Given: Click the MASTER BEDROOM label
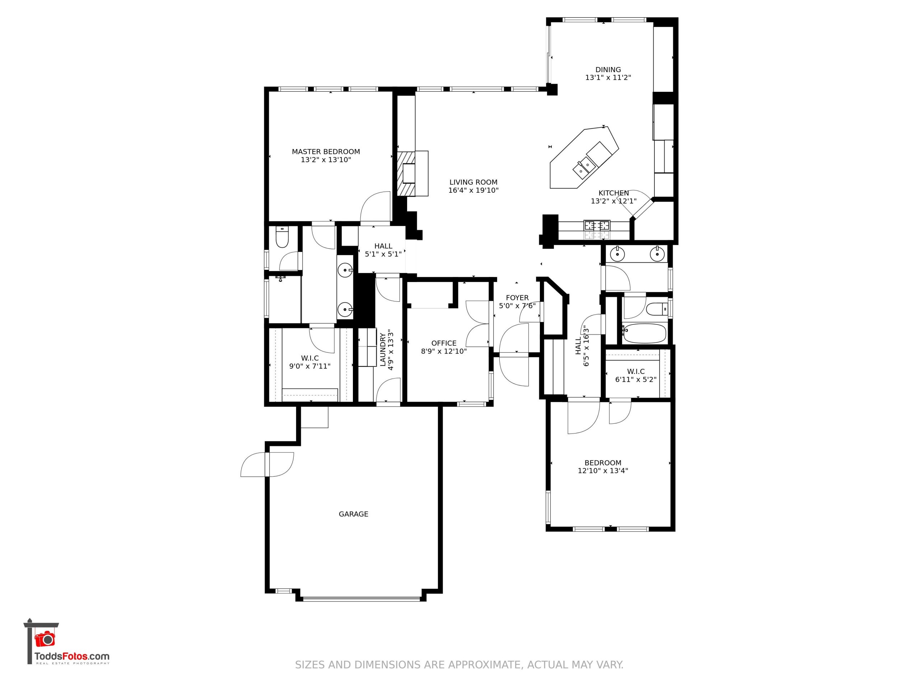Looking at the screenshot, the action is (326, 151).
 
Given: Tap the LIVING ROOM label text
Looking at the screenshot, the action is (473, 182).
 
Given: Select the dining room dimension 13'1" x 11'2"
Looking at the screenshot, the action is (608, 77).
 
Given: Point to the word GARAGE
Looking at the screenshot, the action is (353, 514).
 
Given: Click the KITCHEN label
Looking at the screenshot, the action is (614, 193).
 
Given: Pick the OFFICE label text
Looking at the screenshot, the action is (444, 343).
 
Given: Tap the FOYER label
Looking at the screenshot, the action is (517, 298).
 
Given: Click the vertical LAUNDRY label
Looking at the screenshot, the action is (383, 350).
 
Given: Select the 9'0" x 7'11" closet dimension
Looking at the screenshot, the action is (310, 366).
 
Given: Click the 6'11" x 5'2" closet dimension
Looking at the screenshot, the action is (636, 379).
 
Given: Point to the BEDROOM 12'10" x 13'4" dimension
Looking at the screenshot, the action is (603, 470).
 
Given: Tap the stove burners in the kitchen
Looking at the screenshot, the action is (597, 225).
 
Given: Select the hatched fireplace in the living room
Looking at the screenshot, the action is (406, 173).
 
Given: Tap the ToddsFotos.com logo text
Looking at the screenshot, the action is (72, 657).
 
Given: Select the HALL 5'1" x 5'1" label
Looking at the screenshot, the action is (383, 250).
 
